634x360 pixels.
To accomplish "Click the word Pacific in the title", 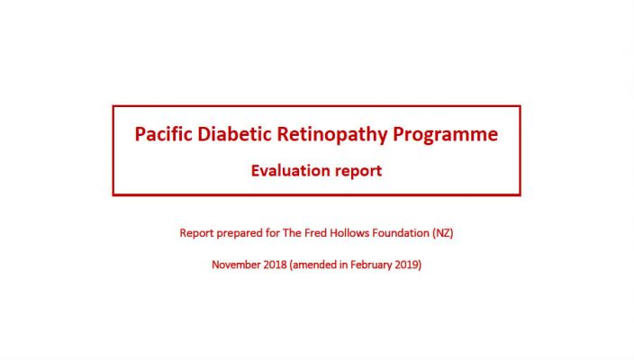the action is coord(163,134).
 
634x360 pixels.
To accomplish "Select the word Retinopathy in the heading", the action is coord(332,135).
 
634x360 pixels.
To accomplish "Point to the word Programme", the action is coord(446,135).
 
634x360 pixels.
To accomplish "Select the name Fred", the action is coord(316,233).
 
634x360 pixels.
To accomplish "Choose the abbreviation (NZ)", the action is coord(443,233).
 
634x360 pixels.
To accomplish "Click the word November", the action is coord(236,265).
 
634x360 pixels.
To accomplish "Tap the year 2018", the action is coord(275,265).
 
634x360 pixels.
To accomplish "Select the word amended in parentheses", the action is coord(313,265).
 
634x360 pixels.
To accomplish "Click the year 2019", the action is coord(408,265).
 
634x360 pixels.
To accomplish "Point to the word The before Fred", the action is coord(292,233).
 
